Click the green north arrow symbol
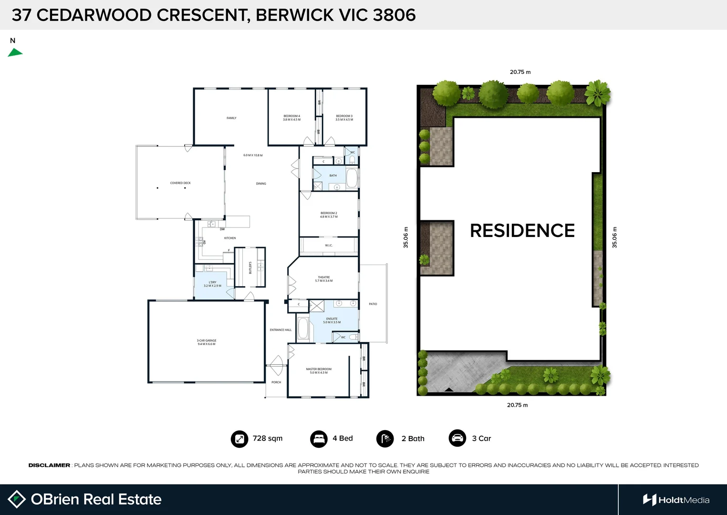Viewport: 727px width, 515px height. [x=15, y=53]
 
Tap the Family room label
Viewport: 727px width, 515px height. [x=231, y=118]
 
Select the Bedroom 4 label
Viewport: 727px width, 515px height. [x=292, y=118]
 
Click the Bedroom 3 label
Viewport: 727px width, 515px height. [x=344, y=118]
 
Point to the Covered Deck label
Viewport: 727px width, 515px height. [x=180, y=183]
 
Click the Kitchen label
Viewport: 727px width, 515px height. [x=230, y=238]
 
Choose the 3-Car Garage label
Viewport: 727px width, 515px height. [x=207, y=342]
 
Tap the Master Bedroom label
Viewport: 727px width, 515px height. [x=319, y=371]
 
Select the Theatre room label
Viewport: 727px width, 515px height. [x=324, y=279]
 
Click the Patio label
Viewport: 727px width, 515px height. [x=373, y=304]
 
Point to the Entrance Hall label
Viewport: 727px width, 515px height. [x=280, y=330]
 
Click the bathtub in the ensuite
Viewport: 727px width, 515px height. [x=302, y=328]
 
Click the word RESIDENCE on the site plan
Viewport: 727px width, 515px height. [x=522, y=231]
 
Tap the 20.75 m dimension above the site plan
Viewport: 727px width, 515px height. [x=520, y=72]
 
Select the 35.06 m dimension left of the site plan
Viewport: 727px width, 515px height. [x=406, y=237]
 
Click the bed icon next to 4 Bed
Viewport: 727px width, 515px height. [x=319, y=439]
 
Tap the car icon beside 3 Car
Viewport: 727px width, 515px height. [x=457, y=438]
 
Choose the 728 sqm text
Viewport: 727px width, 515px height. [x=268, y=438]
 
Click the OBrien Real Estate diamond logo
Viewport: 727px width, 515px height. [x=17, y=499]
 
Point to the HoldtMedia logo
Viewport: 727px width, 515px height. [x=676, y=500]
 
